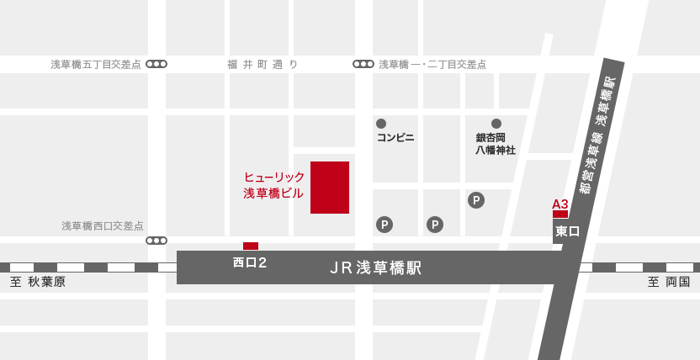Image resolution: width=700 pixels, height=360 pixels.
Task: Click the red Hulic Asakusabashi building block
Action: (330, 187)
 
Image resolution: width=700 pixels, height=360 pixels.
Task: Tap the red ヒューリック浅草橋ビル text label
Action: (273, 185)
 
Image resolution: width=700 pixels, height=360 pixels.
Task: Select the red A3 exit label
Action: (559, 204)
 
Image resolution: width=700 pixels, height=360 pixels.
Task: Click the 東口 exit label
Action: (568, 230)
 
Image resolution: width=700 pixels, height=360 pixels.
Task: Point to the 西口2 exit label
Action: (250, 262)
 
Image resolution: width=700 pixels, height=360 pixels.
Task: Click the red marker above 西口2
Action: (251, 246)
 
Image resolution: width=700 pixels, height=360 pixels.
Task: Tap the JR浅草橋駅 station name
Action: (376, 267)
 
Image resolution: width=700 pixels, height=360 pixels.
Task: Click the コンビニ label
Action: (395, 137)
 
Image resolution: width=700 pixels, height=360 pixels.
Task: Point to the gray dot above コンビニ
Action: (381, 124)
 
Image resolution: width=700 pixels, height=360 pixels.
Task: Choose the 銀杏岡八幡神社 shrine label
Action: (496, 144)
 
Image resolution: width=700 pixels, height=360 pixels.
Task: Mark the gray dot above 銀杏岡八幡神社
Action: (496, 124)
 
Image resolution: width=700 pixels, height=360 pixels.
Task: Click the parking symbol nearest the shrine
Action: (476, 200)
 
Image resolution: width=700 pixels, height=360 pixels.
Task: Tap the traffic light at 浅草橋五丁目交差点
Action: (156, 64)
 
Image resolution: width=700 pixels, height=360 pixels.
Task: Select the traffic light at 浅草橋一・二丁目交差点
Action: (363, 64)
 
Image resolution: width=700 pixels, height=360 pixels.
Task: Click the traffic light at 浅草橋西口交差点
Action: (156, 241)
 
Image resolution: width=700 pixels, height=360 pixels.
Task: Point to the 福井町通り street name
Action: (262, 64)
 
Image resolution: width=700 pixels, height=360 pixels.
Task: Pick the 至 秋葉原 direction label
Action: (38, 282)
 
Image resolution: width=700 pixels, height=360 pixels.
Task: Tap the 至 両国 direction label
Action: (669, 282)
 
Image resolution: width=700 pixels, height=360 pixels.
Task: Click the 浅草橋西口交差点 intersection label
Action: (103, 226)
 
